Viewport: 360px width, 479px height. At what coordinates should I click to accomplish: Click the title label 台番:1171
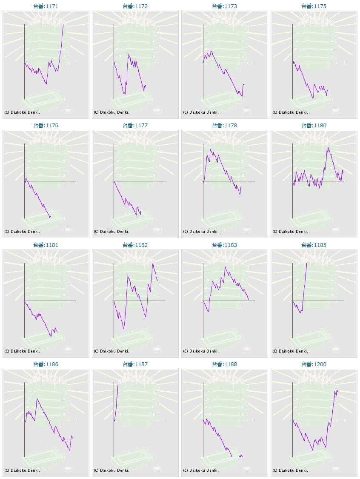pos(46,6)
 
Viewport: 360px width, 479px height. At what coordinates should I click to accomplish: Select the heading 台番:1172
pos(135,6)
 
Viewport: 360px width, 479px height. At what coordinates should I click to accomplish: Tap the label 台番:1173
pos(224,6)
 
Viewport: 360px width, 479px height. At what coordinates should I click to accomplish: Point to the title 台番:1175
pos(314,6)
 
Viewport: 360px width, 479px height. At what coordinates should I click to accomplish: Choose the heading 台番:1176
pos(46,126)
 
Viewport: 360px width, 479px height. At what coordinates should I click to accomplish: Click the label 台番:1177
pos(135,126)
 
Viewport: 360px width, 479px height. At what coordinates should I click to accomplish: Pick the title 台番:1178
pos(224,126)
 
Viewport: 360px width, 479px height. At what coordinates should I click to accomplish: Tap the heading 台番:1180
pos(314,126)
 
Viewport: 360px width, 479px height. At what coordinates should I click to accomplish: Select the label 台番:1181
pos(46,245)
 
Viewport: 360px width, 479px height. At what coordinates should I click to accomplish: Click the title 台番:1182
pos(135,245)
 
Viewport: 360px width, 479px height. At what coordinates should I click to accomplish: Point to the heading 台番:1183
pos(224,245)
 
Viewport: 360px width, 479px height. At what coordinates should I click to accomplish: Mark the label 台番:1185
pos(314,245)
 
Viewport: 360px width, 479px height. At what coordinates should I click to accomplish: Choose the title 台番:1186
pos(46,364)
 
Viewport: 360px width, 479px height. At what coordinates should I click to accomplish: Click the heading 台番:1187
pos(135,364)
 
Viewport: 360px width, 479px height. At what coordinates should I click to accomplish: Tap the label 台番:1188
pos(224,364)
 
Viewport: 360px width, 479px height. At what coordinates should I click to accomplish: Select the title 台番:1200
pos(314,364)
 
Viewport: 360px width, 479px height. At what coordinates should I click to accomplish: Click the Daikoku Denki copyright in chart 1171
pos(22,112)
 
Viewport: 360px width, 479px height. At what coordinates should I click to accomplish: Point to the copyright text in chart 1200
pos(290,470)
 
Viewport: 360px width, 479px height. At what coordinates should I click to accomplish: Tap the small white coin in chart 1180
pos(336,230)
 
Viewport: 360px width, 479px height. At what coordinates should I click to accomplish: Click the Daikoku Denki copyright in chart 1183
pos(201,351)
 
